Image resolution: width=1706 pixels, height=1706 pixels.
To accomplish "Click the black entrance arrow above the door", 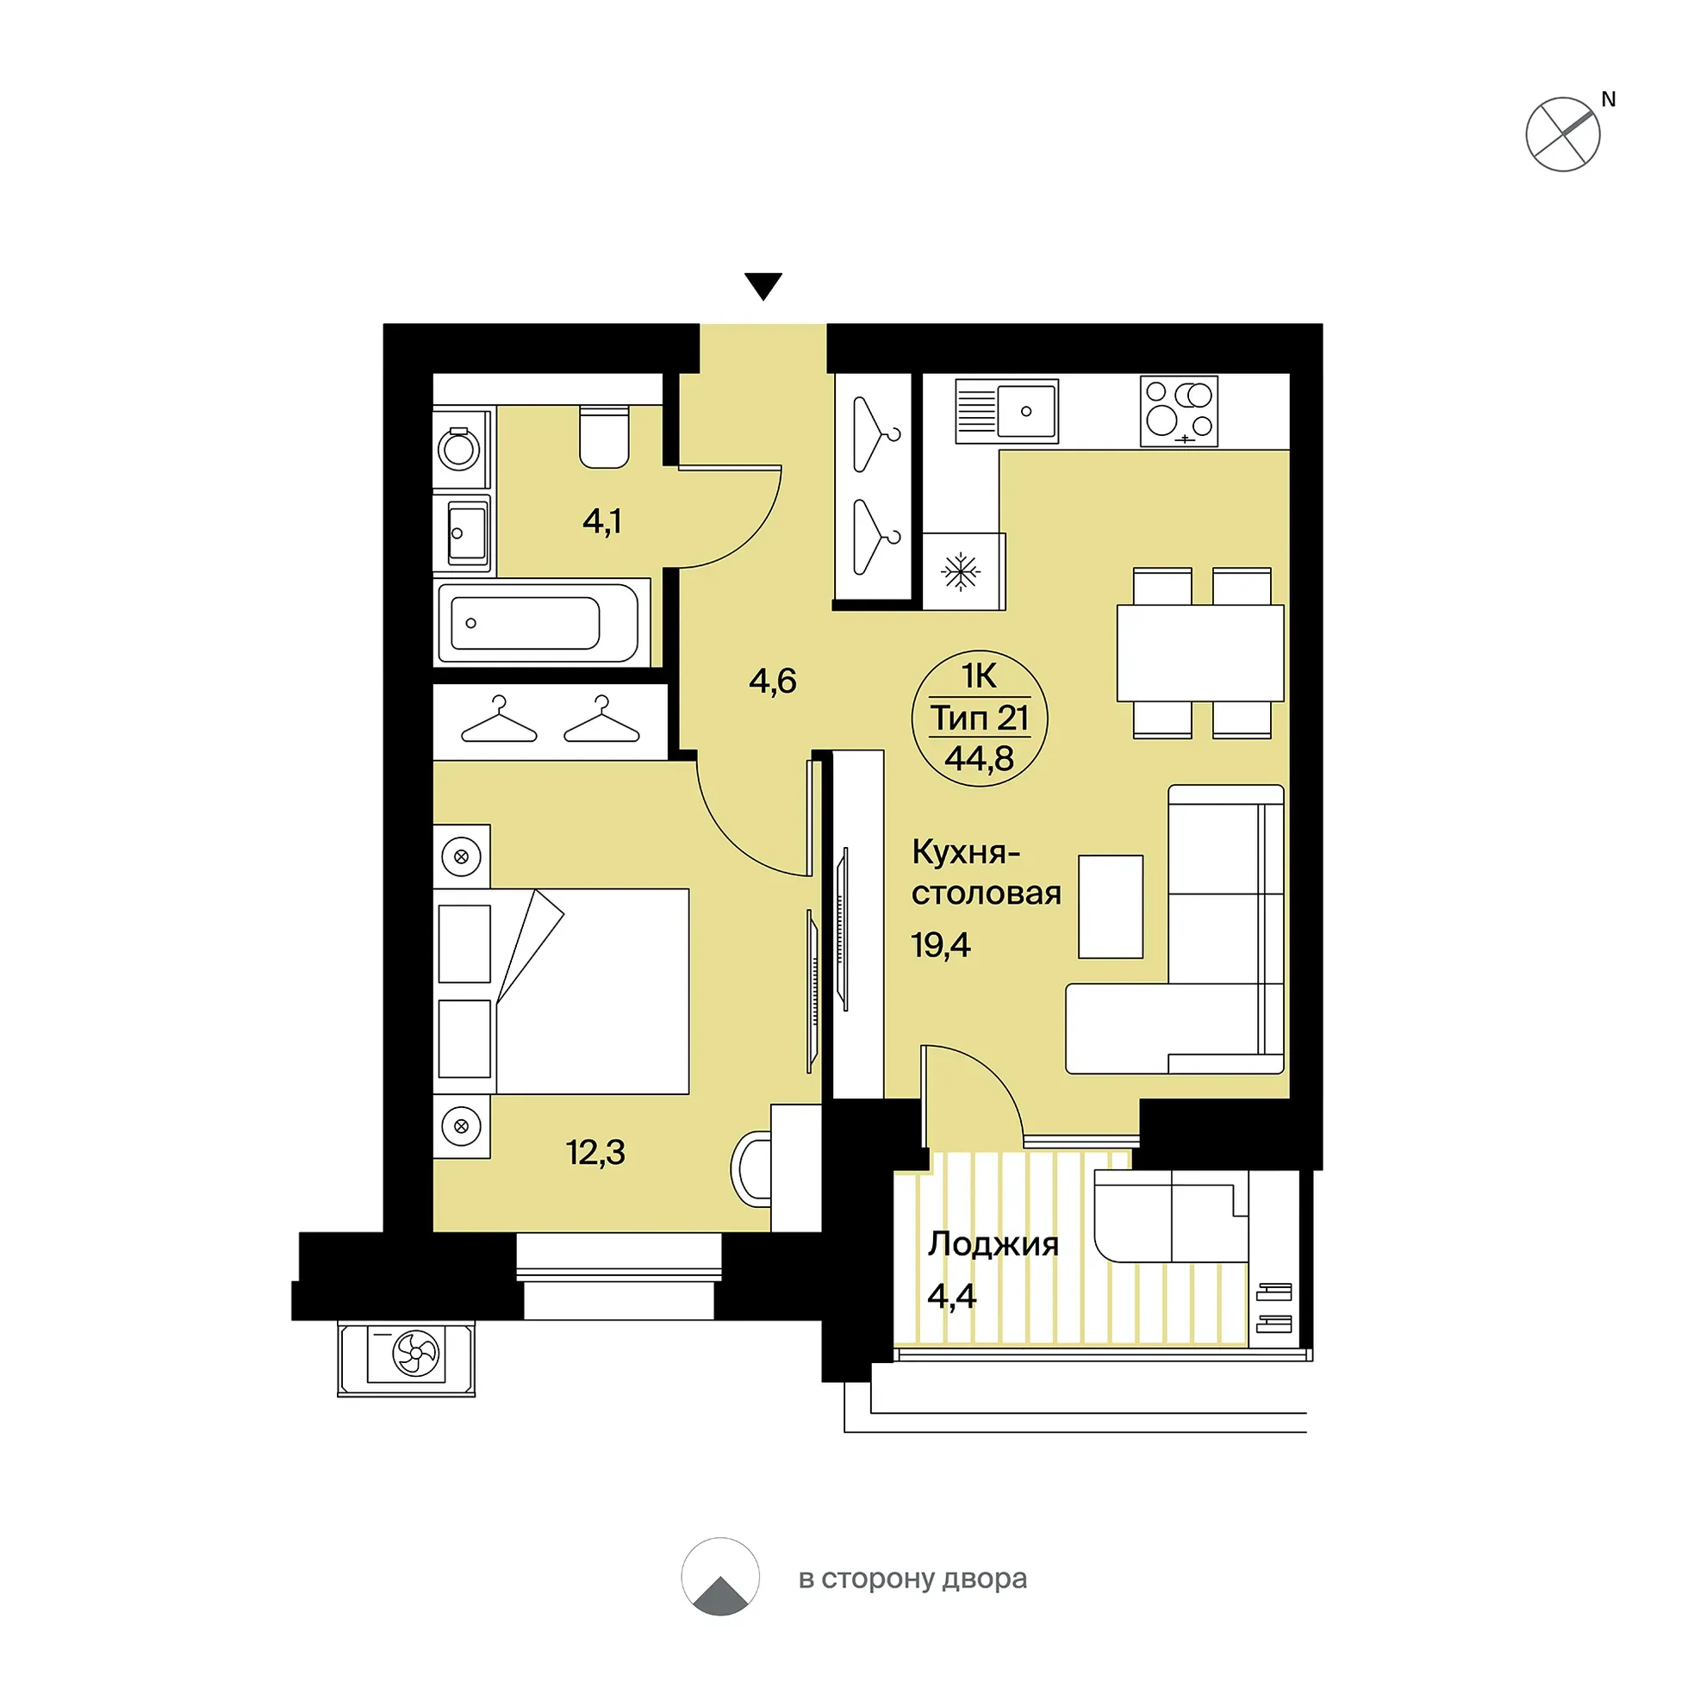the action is click(763, 286).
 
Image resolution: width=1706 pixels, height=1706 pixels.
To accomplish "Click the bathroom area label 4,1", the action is click(601, 521).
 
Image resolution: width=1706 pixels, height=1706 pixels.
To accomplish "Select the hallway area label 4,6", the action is click(773, 681).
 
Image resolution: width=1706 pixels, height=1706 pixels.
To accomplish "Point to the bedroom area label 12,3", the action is click(595, 1152).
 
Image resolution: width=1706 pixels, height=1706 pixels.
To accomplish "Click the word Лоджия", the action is click(993, 1244).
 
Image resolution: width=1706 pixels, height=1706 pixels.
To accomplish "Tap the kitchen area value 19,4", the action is click(940, 946).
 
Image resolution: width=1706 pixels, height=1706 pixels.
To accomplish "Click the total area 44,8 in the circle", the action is click(980, 758).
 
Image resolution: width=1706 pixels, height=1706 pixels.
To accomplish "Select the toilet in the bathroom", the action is click(604, 436).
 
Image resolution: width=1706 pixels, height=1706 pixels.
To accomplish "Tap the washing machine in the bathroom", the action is click(461, 448).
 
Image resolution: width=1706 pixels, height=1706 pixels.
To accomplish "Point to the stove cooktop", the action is click(1179, 412).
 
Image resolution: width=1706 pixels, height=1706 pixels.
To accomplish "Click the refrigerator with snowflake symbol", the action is click(963, 571).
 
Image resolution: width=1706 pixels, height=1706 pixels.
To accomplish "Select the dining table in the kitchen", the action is click(1201, 652).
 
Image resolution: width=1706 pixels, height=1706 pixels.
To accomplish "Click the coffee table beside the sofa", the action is click(1111, 907).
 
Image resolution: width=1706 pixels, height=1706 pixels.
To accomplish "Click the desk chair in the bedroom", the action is click(751, 1170).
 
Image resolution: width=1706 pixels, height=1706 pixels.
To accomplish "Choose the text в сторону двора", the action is click(912, 1578).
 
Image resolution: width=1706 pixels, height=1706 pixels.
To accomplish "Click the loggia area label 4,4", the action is click(952, 1296).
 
